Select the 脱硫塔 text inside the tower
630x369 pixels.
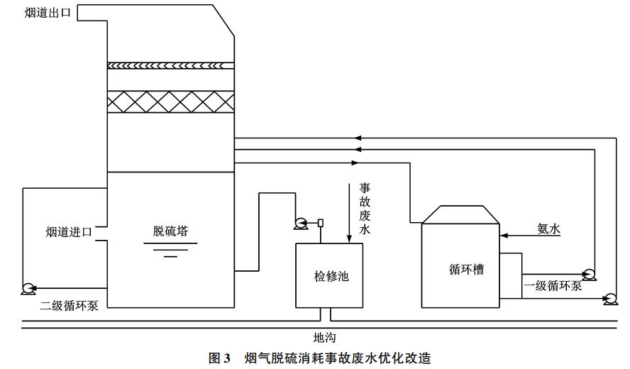(x=170, y=231)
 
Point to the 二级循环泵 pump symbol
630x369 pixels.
(x=29, y=288)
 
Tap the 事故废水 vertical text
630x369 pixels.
(x=365, y=209)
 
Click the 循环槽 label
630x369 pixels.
(x=460, y=270)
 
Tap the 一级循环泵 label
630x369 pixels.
(x=553, y=286)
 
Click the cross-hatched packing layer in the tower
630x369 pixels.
(x=170, y=102)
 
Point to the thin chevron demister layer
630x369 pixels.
(x=170, y=65)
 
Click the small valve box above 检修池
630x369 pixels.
(x=321, y=223)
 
